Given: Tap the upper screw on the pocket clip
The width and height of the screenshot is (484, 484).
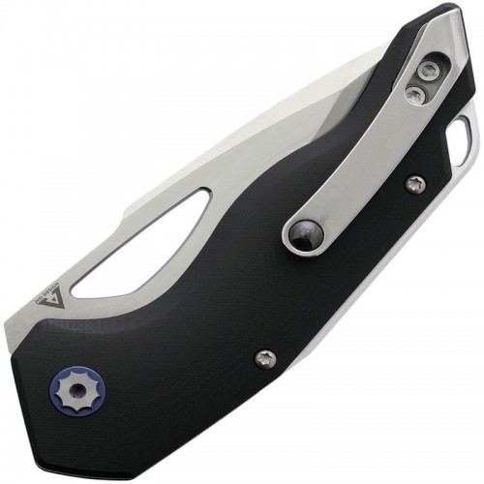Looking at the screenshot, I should tap(427, 70).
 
